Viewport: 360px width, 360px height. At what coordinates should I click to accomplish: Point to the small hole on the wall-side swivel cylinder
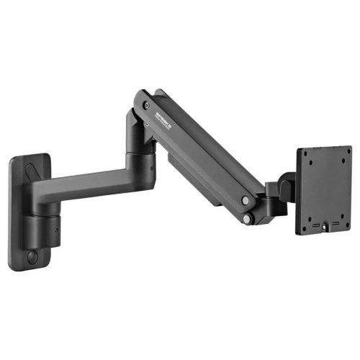(x=57, y=233)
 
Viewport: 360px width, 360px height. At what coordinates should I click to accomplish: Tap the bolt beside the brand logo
(x=146, y=105)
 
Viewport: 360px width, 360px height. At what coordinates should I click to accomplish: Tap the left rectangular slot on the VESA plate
(x=316, y=225)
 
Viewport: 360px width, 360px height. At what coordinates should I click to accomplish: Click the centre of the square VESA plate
(x=324, y=189)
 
